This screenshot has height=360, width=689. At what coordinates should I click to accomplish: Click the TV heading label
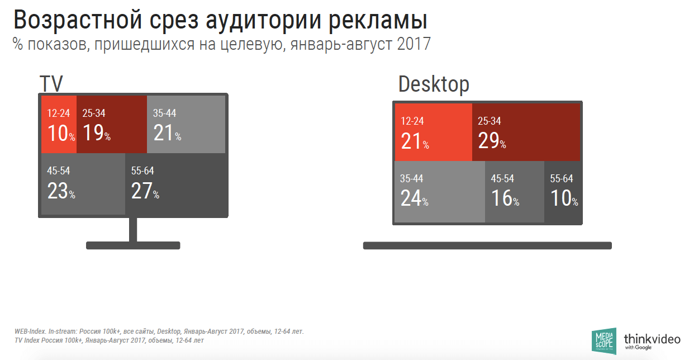[51, 84]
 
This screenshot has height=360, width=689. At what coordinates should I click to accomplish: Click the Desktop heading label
[434, 85]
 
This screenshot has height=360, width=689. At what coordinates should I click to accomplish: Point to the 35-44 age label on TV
[164, 113]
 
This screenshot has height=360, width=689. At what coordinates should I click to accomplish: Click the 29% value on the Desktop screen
[492, 141]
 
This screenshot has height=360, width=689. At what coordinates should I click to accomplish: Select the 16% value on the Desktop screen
[505, 198]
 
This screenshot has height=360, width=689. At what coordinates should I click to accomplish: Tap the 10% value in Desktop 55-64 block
[564, 198]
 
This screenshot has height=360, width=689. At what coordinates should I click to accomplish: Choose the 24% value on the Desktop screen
[414, 198]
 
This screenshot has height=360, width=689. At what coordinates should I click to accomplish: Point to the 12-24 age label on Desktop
[413, 121]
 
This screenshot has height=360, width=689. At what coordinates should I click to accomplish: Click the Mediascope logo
[604, 340]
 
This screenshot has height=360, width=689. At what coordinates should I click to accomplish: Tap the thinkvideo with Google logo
[652, 340]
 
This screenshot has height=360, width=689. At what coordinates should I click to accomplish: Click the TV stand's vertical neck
[133, 229]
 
